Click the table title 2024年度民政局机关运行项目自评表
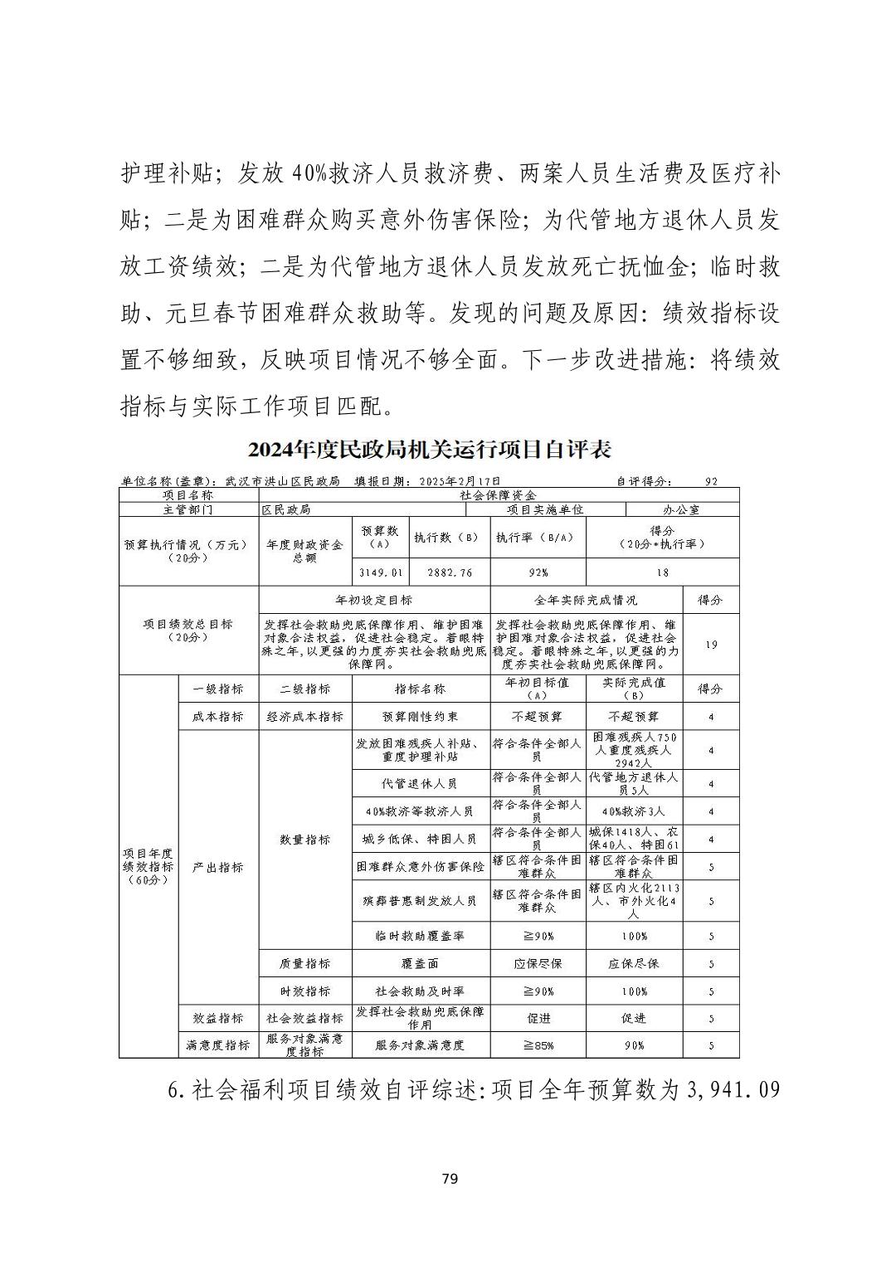click(429, 450)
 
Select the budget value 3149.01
click(382, 572)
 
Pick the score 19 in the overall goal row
click(711, 645)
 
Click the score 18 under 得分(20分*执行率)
click(662, 572)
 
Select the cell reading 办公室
click(682, 509)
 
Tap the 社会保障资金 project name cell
click(498, 494)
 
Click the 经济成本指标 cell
click(304, 716)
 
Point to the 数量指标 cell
click(304, 840)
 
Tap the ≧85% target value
click(538, 1045)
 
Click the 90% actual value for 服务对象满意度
click(634, 1045)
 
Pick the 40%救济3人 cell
click(634, 811)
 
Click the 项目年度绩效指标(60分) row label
click(148, 866)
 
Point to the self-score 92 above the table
click(711, 480)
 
